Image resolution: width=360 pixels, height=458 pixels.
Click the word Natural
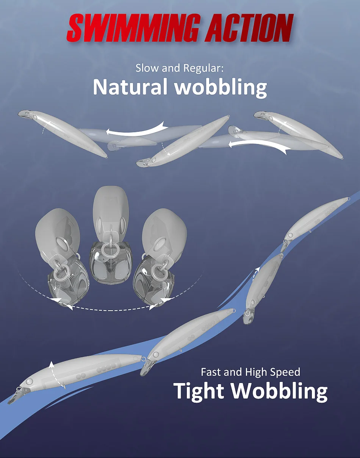pyautogui.click(x=130, y=87)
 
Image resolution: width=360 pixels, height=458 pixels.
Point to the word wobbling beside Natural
pyautogui.click(x=221, y=88)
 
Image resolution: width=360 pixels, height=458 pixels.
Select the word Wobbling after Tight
pyautogui.click(x=280, y=391)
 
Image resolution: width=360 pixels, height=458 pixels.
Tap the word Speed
pyautogui.click(x=286, y=372)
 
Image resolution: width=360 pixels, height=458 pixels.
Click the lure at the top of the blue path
pyautogui.click(x=316, y=219)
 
